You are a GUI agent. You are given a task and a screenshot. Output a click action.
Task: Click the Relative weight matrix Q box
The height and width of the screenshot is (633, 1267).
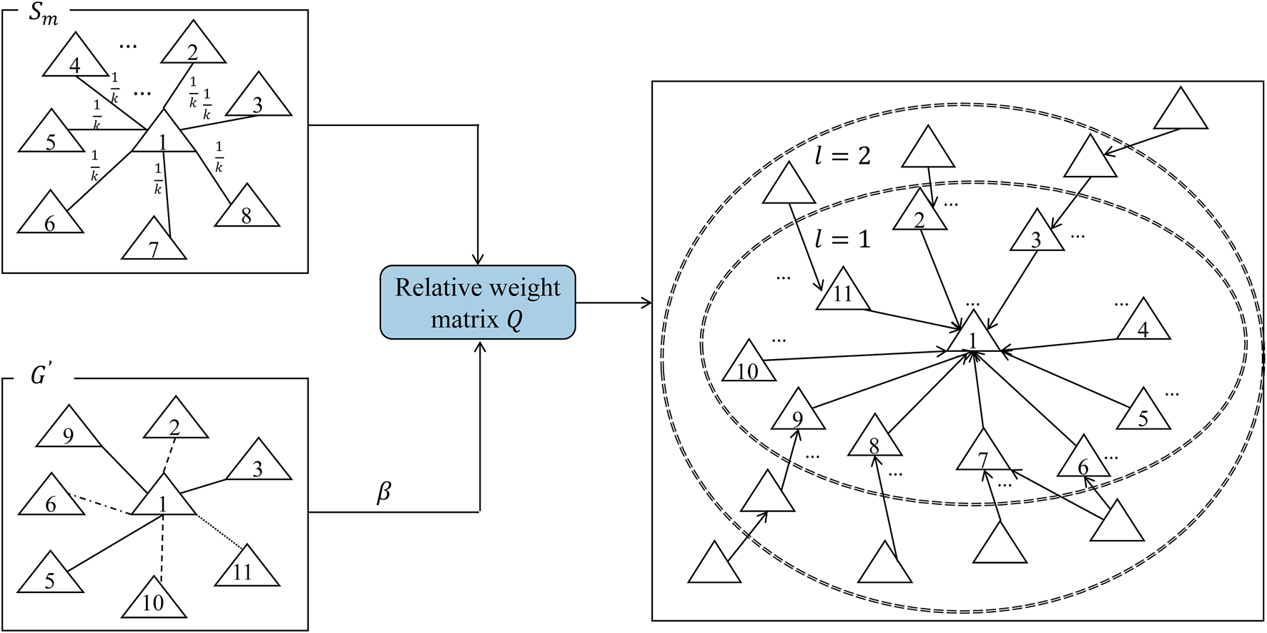click(477, 302)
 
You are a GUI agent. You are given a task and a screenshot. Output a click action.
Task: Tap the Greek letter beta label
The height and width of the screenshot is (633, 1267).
click(384, 492)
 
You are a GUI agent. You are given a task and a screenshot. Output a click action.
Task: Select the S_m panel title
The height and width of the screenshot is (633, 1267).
click(42, 14)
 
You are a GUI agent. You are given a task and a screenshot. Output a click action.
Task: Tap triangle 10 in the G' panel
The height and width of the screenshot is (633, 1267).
click(153, 599)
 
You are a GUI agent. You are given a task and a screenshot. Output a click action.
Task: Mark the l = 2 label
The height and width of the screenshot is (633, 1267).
click(843, 156)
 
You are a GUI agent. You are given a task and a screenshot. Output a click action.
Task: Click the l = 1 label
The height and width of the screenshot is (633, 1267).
click(843, 239)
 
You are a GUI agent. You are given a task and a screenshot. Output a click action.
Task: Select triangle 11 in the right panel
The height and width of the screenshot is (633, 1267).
click(843, 292)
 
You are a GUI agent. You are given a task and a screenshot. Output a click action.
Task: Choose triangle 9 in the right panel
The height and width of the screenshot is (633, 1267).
click(798, 414)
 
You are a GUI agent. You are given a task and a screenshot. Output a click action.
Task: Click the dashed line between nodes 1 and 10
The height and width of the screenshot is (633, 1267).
click(162, 547)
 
